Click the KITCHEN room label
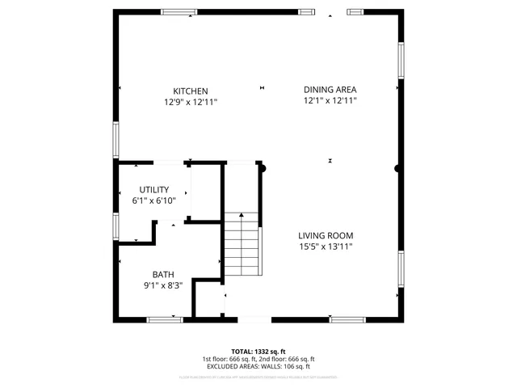tap(191, 91)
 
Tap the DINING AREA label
tap(330, 90)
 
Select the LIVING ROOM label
tap(326, 235)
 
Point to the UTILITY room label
tap(153, 190)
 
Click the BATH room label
tap(163, 275)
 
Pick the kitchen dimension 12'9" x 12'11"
tap(191, 102)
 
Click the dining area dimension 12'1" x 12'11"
tap(330, 101)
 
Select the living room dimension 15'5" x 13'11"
tap(326, 247)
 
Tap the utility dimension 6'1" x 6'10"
tap(153, 200)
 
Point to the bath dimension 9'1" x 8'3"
tap(163, 285)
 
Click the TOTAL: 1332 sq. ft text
tap(258, 352)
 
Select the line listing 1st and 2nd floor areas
tap(258, 359)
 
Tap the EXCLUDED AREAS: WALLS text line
tap(258, 366)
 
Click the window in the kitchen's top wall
tap(179, 12)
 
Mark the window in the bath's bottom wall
tap(165, 319)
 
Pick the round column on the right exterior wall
tap(397, 169)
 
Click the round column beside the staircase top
tap(261, 168)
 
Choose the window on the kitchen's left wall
tap(116, 139)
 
